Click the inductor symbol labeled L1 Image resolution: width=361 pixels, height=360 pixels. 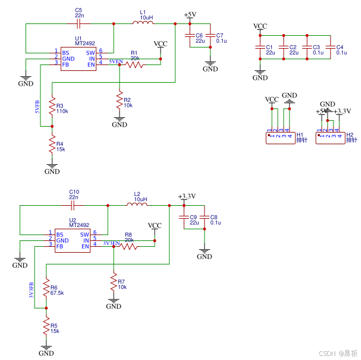(x=144, y=23)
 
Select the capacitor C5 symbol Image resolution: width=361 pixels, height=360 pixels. (x=79, y=23)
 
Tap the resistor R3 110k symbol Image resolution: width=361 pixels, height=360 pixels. (x=52, y=108)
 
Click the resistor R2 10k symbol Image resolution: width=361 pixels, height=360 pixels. (x=120, y=100)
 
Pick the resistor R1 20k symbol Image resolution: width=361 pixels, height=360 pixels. (x=134, y=64)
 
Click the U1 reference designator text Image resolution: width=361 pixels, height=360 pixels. (x=78, y=38)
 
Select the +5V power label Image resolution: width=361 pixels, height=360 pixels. (x=190, y=15)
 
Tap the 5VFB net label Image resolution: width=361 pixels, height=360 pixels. (x=38, y=105)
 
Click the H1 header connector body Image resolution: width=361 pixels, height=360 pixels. (x=281, y=137)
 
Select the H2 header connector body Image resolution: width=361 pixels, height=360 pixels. (x=330, y=137)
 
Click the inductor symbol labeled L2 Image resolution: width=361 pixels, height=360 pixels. (x=138, y=205)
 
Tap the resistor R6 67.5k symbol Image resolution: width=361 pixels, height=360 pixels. (x=46, y=290)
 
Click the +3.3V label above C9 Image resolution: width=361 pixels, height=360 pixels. (x=186, y=196)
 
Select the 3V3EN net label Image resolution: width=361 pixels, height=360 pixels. (x=111, y=243)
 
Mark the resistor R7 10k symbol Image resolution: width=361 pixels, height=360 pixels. (x=114, y=283)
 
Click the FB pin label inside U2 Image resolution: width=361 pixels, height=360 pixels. (x=60, y=246)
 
